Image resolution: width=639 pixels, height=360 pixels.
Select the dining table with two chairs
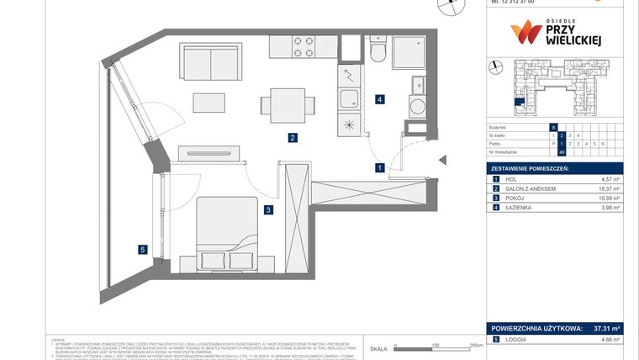[x=288, y=103]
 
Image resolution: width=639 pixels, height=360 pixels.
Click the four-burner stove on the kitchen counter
[x=303, y=45]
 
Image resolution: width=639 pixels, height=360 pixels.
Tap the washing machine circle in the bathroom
[x=417, y=108]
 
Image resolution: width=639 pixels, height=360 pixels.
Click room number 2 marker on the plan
[x=292, y=138]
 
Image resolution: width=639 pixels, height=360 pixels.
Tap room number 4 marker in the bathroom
[x=381, y=99]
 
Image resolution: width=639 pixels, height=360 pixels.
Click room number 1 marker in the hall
[x=380, y=167]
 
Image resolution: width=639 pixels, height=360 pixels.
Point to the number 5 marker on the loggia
[x=143, y=249]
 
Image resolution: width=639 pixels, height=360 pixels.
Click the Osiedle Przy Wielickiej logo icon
[x=525, y=32]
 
